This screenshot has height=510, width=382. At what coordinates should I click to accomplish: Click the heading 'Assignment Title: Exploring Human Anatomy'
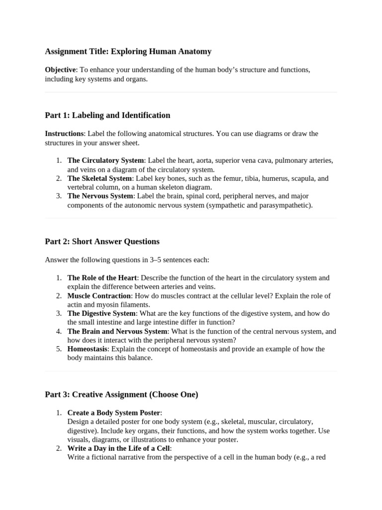(128, 51)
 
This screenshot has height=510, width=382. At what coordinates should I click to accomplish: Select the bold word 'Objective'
(60, 70)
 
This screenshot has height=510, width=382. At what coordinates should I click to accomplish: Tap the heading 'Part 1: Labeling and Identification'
(107, 115)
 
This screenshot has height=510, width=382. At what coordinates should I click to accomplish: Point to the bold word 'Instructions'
(64, 133)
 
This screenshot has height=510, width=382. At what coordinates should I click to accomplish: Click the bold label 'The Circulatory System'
(105, 160)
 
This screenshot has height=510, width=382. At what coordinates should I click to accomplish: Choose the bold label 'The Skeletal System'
(100, 178)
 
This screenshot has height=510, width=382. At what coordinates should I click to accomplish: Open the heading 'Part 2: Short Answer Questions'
(102, 242)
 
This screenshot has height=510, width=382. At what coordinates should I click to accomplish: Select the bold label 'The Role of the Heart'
(102, 278)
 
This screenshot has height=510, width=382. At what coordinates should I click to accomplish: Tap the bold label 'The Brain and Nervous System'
(117, 331)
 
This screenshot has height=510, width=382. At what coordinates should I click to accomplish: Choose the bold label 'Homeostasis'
(87, 349)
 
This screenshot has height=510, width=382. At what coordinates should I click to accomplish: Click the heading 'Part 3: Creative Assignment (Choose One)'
(121, 394)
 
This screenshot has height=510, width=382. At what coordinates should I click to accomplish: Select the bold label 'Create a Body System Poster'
(114, 413)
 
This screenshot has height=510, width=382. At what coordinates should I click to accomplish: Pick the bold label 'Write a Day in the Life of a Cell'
(118, 449)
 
